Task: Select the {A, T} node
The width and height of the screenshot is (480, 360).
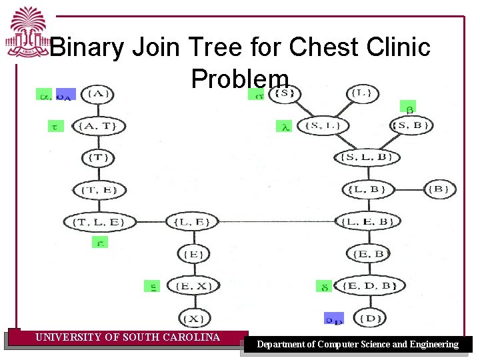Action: point(99,125)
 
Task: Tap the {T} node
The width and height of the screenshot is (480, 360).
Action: point(99,158)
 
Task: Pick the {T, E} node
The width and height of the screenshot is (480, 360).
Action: point(99,190)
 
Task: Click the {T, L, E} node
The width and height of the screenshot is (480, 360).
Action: point(99,221)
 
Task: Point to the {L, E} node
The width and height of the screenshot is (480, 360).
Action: point(192,221)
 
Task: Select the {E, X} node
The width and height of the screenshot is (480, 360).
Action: point(193,286)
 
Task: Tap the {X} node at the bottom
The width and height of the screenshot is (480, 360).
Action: point(193,318)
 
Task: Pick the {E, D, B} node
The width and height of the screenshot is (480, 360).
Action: point(369,286)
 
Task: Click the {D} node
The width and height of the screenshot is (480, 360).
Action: point(369,318)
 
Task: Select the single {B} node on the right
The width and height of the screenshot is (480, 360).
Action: point(439,189)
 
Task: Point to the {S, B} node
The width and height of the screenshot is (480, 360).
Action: point(411,125)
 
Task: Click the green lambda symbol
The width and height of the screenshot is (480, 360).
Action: point(284,125)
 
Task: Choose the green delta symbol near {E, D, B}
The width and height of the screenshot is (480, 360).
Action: point(323,287)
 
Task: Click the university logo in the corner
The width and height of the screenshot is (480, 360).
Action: point(27,32)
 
